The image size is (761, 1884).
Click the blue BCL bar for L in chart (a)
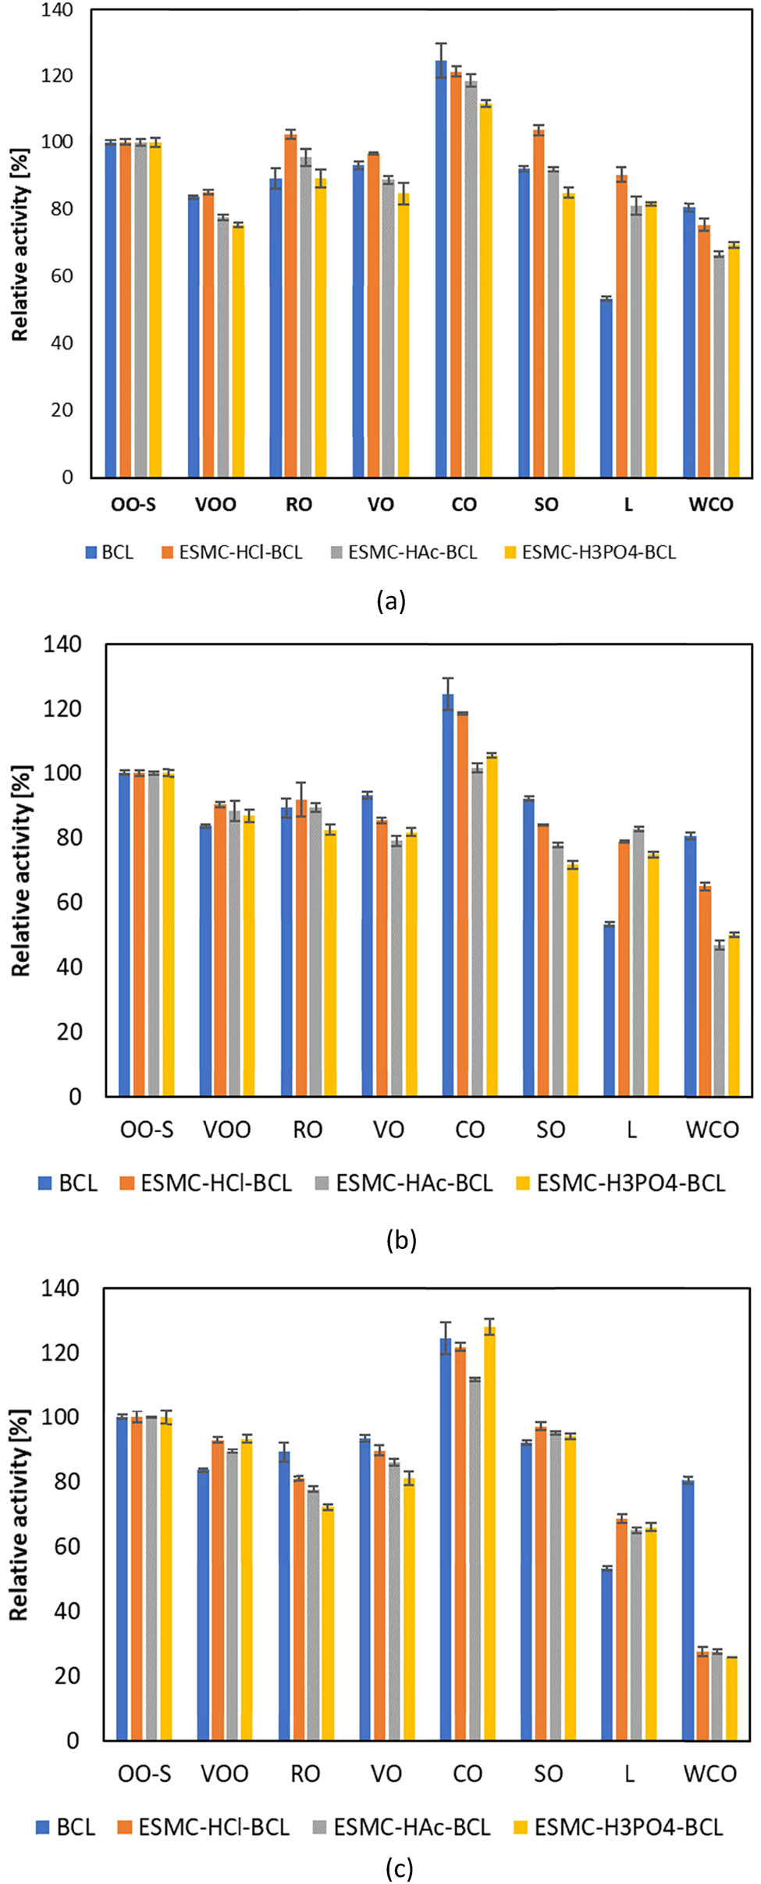[x=606, y=388]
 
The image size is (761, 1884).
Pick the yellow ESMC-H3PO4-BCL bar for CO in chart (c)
[x=489, y=1534]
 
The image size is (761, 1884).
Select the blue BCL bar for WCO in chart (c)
[x=688, y=1610]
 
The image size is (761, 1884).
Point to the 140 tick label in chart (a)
[x=56, y=10]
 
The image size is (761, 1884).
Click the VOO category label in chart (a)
[x=215, y=505]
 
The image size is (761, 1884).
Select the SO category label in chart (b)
[x=550, y=1130]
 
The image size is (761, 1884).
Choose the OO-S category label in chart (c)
[x=144, y=1774]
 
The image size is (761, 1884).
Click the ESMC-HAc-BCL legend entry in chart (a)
[x=411, y=552]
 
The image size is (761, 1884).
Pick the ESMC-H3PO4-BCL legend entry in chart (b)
[x=630, y=1183]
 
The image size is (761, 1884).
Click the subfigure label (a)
[x=390, y=601]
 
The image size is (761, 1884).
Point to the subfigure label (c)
[x=399, y=1868]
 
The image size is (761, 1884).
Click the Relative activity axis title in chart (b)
[x=21, y=870]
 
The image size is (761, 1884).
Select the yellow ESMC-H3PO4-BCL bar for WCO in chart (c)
[x=731, y=1699]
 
